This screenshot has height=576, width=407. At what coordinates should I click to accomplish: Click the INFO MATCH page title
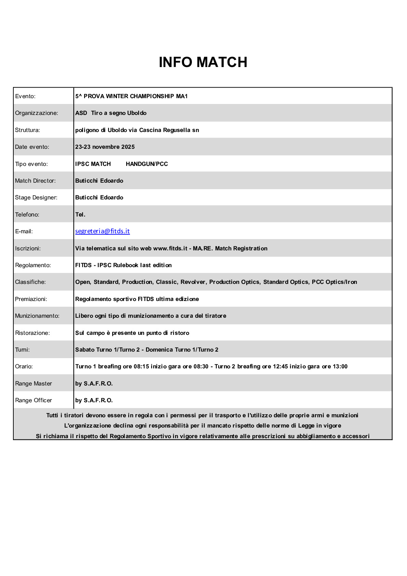tap(203, 62)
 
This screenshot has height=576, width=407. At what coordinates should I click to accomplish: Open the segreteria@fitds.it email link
tap(102, 231)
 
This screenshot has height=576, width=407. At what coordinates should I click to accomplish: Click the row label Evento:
tap(25, 96)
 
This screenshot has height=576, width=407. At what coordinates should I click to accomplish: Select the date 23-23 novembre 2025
tap(105, 147)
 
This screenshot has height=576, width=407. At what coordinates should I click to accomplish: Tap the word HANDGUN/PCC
tap(147, 164)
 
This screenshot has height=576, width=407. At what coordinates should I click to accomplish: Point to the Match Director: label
tap(35, 181)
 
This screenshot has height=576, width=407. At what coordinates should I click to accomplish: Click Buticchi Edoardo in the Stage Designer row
tap(99, 198)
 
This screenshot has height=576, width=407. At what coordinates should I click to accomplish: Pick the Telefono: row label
tap(27, 215)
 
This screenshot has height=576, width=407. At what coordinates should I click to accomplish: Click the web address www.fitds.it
tap(170, 249)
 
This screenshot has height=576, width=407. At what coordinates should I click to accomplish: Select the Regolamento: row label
tap(33, 265)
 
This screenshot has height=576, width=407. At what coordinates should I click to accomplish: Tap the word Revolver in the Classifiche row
tap(193, 282)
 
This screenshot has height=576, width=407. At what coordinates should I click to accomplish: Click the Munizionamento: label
tap(37, 316)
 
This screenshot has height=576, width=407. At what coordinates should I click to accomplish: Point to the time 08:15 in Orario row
tap(141, 367)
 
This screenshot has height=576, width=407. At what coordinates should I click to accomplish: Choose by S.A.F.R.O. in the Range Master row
tap(94, 384)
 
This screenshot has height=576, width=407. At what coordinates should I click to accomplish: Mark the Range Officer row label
tap(34, 401)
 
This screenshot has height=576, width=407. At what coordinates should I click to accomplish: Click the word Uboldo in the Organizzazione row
tap(137, 113)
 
